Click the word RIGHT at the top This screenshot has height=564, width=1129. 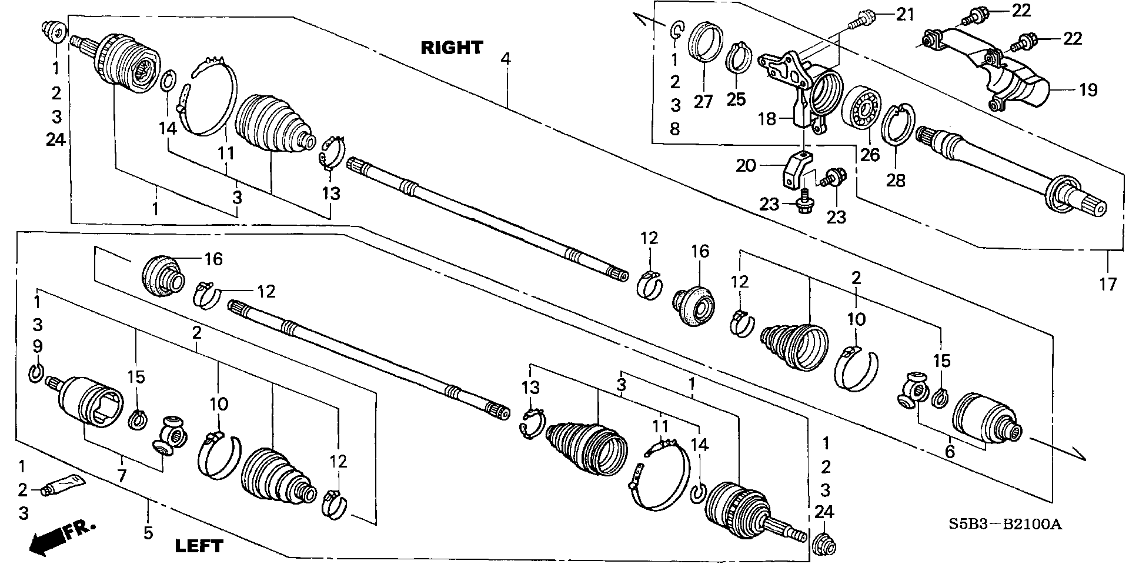pos(452,48)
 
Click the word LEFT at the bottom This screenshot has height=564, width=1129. pos(199,546)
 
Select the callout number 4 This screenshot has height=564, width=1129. pos(506,59)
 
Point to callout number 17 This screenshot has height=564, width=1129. pos(1108,285)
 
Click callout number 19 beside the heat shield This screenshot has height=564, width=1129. pos(1088,90)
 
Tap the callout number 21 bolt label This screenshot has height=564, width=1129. pos(905,14)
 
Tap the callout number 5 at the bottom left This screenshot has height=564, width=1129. pos(148,533)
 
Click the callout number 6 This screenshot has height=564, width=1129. pos(950,452)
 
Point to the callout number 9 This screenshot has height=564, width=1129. pos(37,346)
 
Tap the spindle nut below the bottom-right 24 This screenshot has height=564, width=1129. pos(826,546)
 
